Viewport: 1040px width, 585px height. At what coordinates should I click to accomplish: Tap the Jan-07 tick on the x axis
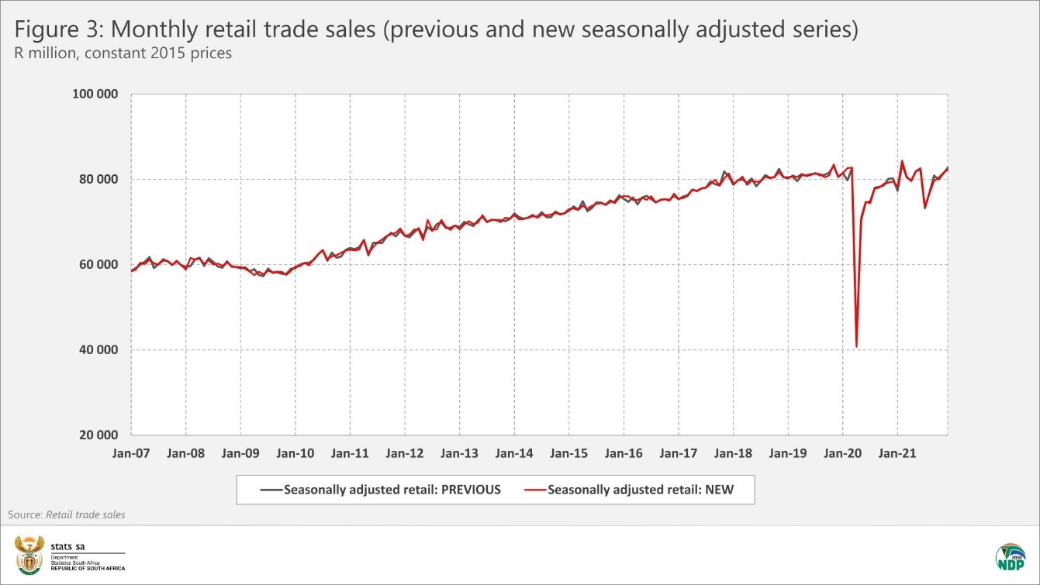click(x=131, y=453)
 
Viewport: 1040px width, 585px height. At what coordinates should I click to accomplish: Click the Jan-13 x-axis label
click(x=459, y=453)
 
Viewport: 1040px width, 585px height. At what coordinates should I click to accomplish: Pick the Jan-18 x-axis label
click(x=733, y=453)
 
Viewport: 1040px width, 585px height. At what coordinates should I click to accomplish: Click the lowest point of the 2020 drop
click(x=856, y=346)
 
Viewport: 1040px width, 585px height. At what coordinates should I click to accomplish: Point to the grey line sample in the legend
click(x=271, y=490)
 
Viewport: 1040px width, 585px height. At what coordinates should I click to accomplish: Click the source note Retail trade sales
click(x=85, y=514)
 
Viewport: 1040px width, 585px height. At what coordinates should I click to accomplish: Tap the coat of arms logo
click(x=29, y=553)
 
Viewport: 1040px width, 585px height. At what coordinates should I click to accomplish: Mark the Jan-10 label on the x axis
click(x=295, y=453)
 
